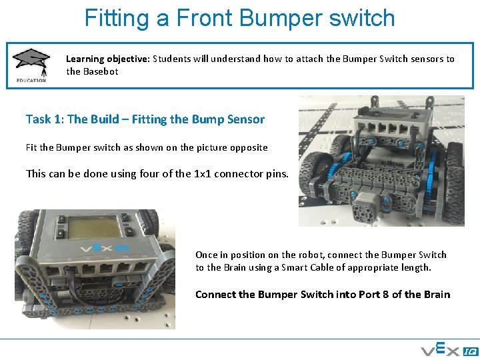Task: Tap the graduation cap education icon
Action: (x=31, y=62)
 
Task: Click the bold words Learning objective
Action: (x=107, y=59)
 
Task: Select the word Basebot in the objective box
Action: (x=101, y=71)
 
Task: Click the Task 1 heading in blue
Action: (x=145, y=119)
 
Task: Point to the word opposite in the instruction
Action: (x=246, y=147)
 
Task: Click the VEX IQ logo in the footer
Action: (x=448, y=349)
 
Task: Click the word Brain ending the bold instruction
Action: (x=437, y=295)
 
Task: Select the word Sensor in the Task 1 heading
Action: (x=246, y=119)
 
